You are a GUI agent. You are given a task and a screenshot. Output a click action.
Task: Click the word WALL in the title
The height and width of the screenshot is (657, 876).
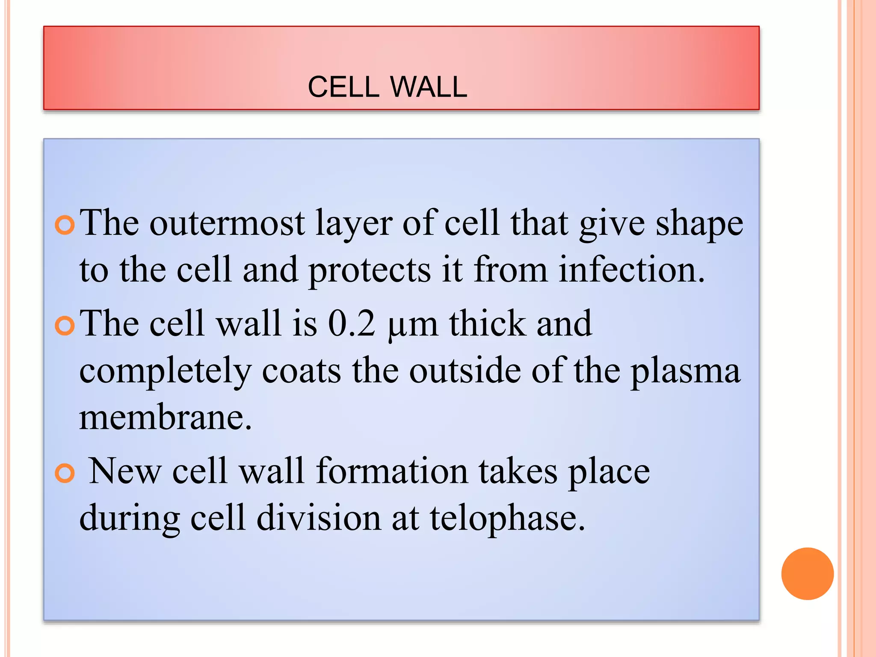[429, 87]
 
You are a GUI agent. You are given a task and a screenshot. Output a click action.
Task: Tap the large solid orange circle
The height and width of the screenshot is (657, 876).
[807, 574]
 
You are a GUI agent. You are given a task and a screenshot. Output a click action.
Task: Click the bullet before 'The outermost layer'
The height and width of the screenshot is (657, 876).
[65, 225]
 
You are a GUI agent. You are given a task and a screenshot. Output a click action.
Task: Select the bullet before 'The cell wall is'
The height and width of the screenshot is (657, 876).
[65, 326]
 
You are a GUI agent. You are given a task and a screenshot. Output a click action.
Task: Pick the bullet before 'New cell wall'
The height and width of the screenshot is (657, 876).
[65, 474]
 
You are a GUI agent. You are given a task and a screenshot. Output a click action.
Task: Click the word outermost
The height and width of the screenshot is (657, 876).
[227, 223]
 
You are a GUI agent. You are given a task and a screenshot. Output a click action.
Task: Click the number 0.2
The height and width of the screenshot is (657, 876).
[351, 324]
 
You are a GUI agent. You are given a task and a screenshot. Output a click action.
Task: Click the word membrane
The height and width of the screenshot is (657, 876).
[165, 418]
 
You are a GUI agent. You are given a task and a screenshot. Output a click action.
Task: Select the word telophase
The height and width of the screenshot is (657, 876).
[507, 519]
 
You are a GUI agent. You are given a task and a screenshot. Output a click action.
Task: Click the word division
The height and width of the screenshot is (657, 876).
[319, 518]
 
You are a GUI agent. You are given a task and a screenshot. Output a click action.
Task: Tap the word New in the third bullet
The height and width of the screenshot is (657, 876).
[125, 471]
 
